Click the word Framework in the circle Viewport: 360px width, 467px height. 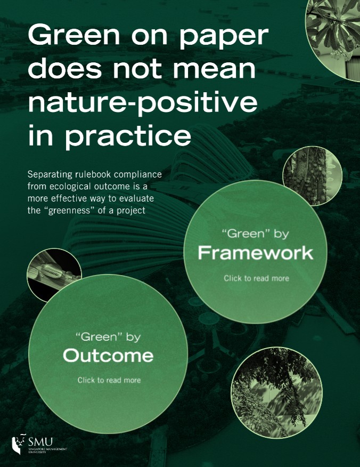pos(256,253)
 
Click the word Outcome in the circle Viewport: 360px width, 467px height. pos(108,355)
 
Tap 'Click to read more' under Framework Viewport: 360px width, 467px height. pos(257,278)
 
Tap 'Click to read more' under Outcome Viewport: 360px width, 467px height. pos(109,380)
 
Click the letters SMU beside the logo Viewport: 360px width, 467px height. pos(41,441)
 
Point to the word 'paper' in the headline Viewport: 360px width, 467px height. pos(224,37)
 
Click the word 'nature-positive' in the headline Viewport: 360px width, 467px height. pos(143,103)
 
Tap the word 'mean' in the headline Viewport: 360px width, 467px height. pos(214,69)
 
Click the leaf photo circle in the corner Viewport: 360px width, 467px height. pos(333,39)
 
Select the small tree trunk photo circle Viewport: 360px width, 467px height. pos(313,176)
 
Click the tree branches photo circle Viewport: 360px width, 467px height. pos(277,392)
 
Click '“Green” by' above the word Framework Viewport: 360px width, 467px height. pos(256,234)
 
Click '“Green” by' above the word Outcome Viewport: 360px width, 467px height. pos(108,337)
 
